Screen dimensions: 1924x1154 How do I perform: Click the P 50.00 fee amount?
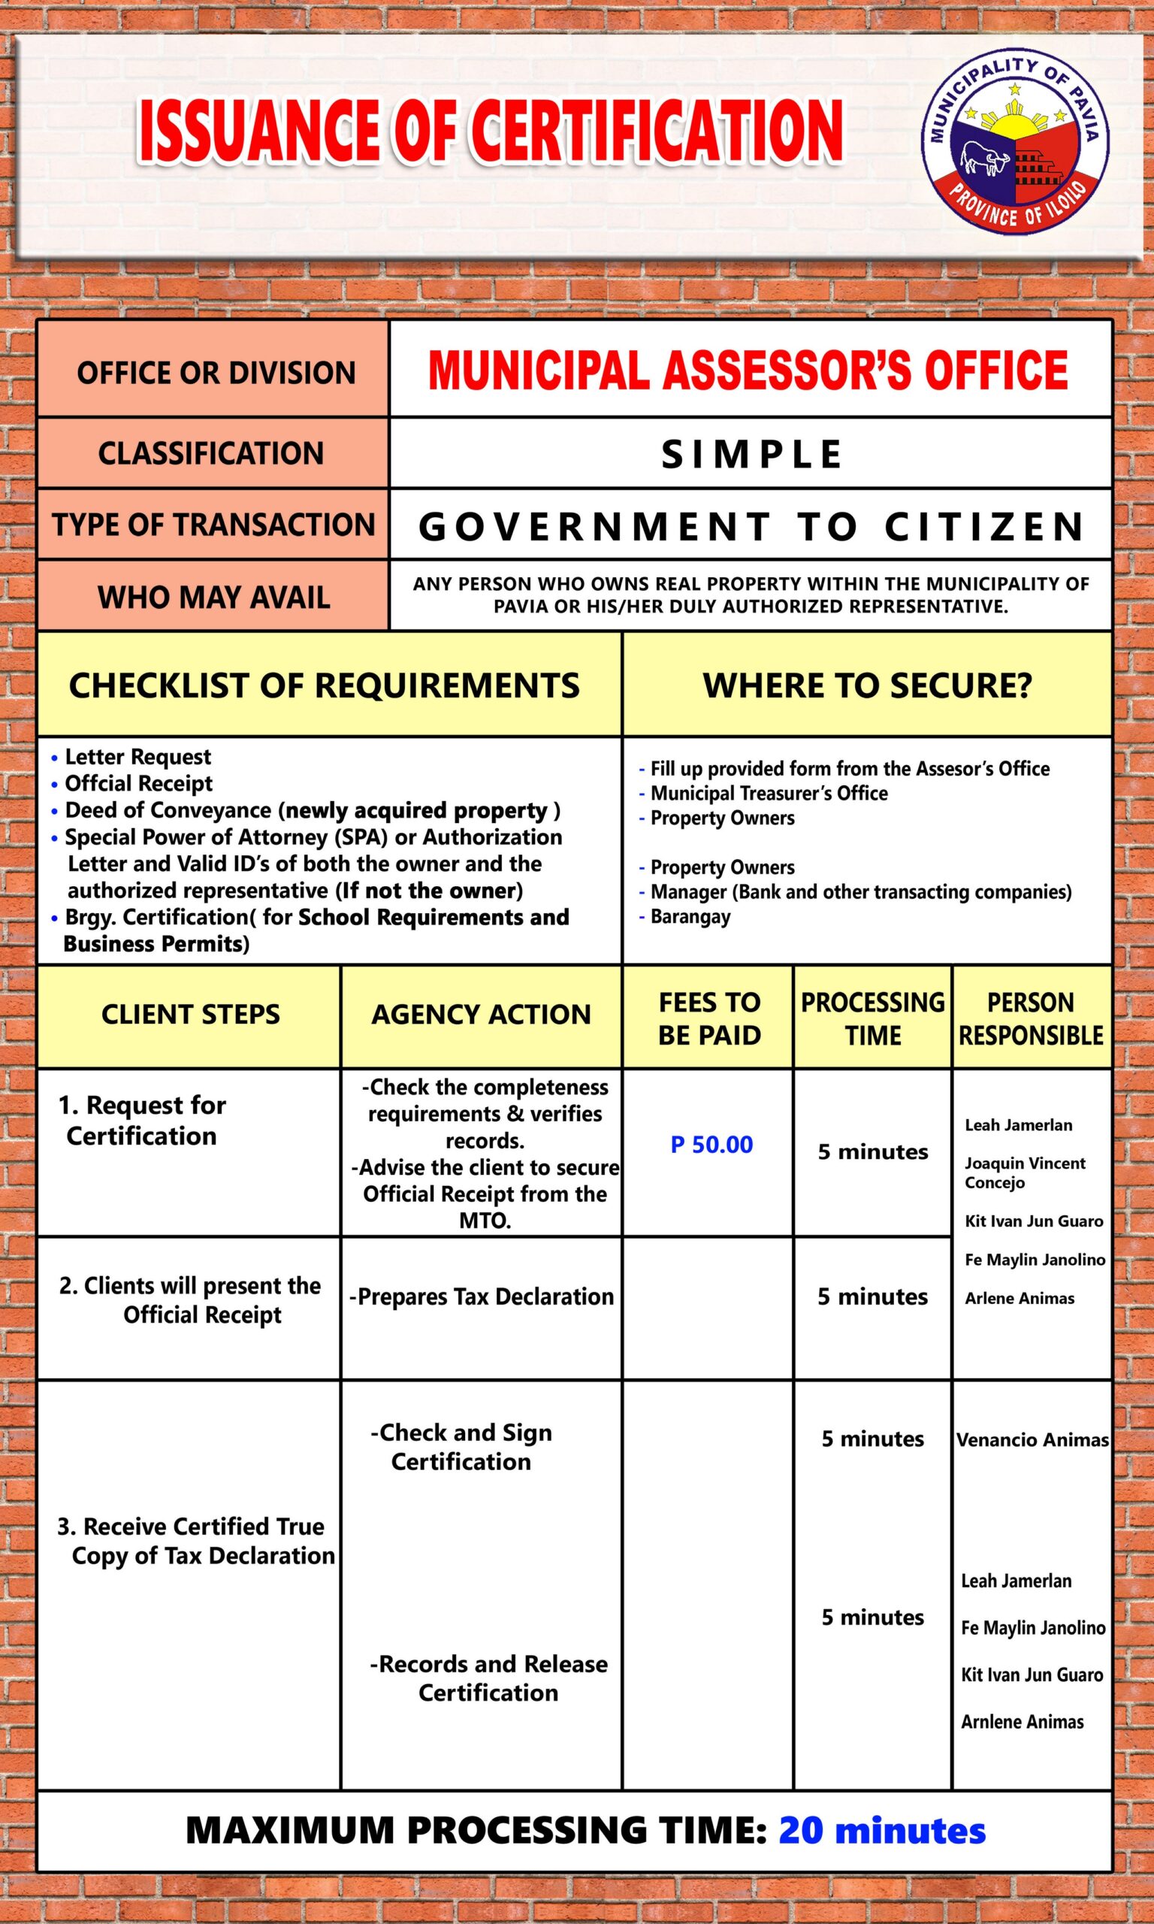tap(711, 1145)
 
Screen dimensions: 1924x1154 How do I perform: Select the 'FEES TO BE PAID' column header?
tap(709, 1018)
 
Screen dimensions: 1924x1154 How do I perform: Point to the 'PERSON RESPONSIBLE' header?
tap(1030, 1018)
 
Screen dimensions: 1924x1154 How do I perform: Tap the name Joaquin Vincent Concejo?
tap(1024, 1172)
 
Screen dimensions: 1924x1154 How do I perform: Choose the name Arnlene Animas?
tap(1022, 1722)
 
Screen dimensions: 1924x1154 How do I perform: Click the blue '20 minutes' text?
tap(882, 1830)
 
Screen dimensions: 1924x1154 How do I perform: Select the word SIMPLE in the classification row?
tap(751, 454)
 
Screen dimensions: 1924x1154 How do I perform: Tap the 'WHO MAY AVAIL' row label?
tap(213, 597)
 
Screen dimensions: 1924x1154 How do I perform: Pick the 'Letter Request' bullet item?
tap(137, 757)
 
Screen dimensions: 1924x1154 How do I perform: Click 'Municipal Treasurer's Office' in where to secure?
tap(769, 793)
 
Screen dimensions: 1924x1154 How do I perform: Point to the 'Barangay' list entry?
tap(690, 916)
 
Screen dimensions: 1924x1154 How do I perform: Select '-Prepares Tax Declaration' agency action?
tap(482, 1296)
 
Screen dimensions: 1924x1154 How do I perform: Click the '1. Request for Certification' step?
tap(142, 1120)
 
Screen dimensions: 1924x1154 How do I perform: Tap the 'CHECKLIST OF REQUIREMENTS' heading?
tap(325, 685)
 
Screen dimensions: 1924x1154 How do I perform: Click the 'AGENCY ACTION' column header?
tap(481, 1014)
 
